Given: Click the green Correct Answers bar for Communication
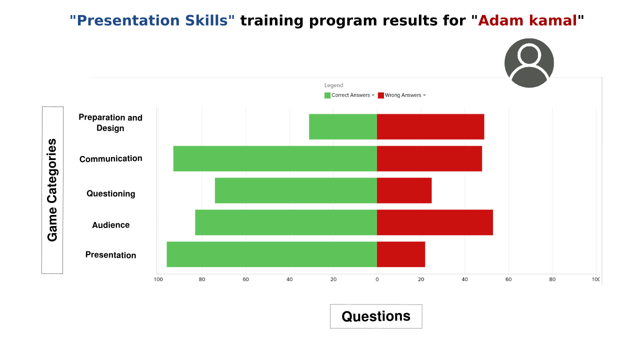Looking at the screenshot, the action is (275, 158).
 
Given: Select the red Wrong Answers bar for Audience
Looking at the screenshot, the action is (435, 222).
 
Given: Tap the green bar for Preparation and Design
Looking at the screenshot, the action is (343, 126).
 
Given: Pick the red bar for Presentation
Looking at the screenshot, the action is (401, 254).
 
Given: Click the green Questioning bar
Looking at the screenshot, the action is (296, 190).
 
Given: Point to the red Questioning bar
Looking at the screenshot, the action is (404, 190).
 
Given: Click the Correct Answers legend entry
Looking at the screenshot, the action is (349, 95).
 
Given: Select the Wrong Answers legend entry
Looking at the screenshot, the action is (401, 95).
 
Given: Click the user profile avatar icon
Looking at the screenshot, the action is (529, 63).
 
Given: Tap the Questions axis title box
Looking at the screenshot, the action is (376, 316).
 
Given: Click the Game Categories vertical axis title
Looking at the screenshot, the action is (52, 190).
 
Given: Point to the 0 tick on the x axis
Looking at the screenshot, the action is (377, 279).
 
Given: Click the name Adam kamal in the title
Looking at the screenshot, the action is (527, 20).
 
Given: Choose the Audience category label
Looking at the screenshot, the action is (111, 225).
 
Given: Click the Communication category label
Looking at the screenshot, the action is (111, 158).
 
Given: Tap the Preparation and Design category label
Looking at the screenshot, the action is (110, 122).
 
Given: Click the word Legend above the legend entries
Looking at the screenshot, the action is (333, 85).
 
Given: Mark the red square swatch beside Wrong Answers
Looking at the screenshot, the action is (381, 95).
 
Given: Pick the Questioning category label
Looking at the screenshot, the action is (111, 193).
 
